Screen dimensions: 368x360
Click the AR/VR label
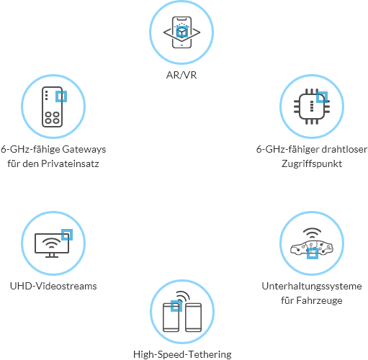(181, 75)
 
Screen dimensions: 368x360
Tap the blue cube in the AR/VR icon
(181, 32)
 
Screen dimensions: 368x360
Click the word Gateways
(84, 149)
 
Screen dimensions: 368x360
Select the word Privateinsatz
(70, 163)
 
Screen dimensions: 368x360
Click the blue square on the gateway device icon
(61, 96)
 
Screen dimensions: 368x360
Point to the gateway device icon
(53, 107)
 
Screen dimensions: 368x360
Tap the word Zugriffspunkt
(312, 164)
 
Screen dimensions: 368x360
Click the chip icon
(312, 107)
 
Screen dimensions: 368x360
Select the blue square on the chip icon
(322, 97)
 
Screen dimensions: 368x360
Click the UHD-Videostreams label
(53, 286)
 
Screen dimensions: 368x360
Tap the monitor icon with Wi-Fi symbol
(52, 246)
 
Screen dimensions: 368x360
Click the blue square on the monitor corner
(67, 235)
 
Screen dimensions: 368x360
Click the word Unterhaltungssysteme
(312, 286)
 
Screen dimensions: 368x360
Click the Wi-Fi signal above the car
(312, 233)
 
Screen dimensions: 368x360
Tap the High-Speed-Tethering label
(182, 354)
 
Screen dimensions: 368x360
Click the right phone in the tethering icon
(194, 318)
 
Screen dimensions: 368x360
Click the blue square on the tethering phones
(176, 306)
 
